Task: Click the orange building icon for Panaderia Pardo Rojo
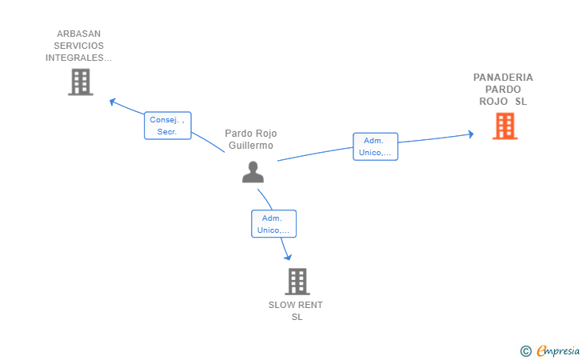click(x=504, y=126)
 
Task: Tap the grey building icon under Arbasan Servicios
click(x=80, y=82)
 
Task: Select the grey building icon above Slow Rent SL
click(x=297, y=282)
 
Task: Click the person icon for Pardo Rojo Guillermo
click(x=253, y=172)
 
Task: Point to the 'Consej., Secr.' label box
click(x=167, y=126)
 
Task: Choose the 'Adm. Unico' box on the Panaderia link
click(x=375, y=146)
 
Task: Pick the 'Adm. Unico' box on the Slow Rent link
click(x=273, y=224)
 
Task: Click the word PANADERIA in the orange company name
click(x=503, y=78)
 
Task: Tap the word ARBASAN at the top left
click(x=78, y=34)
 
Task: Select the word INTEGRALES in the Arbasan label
click(x=78, y=58)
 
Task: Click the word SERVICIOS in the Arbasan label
click(x=78, y=46)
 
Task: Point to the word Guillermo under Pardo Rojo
click(x=251, y=146)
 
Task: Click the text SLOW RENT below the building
click(x=296, y=305)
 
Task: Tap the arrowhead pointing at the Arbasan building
click(x=112, y=102)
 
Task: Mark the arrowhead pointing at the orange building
click(x=471, y=134)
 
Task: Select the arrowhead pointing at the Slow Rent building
click(x=287, y=257)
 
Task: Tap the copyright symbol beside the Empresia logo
click(x=525, y=350)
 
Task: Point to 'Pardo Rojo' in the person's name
click(x=250, y=134)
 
